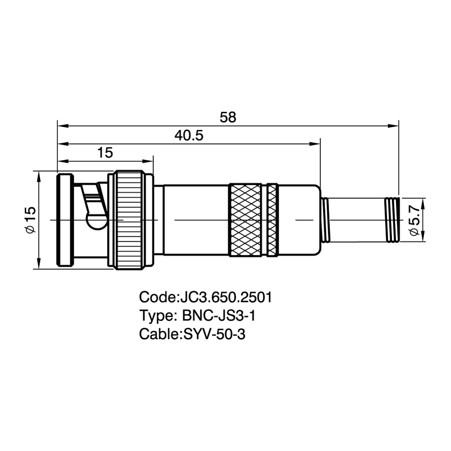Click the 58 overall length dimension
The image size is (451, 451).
point(228,117)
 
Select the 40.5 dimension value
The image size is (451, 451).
point(189,135)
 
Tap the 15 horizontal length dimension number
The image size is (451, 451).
point(105,153)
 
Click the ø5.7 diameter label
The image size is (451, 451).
point(415,221)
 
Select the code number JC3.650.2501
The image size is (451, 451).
point(226,297)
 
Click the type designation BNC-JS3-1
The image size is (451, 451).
point(219,316)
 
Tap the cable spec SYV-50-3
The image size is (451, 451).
point(214,334)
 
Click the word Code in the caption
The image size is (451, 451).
point(157,297)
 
